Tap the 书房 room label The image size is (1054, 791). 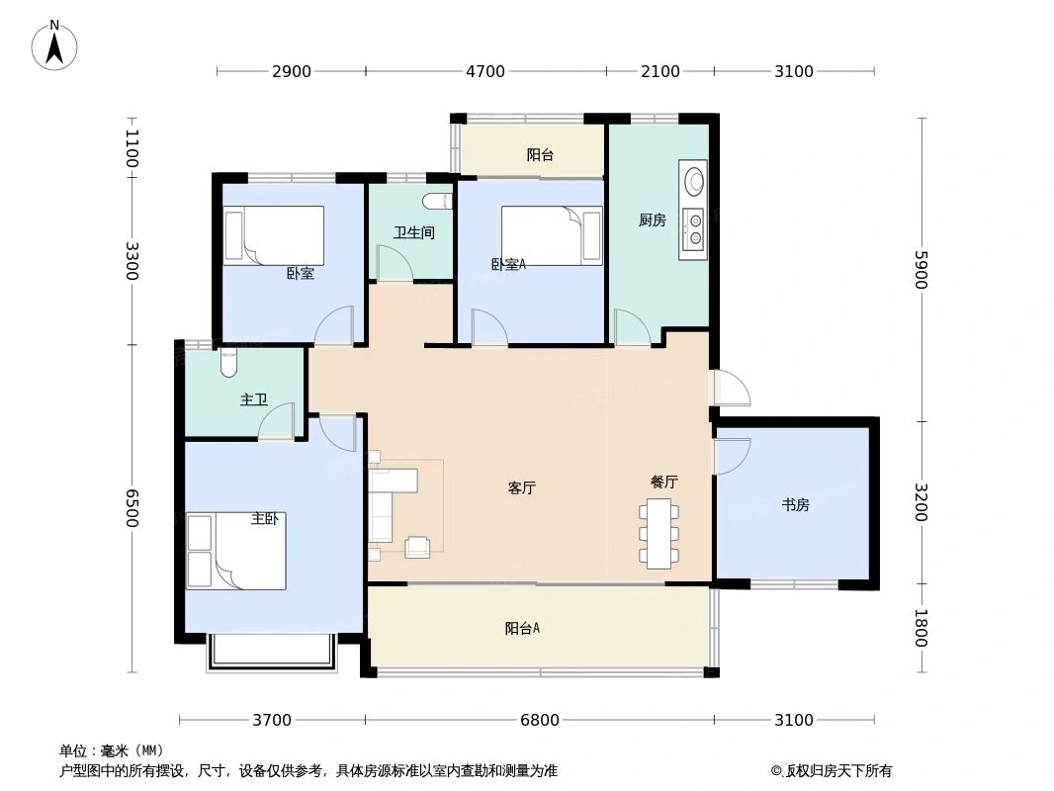click(796, 504)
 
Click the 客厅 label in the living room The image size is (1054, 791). click(522, 487)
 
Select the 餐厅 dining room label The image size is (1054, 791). click(664, 483)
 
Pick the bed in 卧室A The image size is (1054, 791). click(551, 235)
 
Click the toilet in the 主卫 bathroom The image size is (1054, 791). click(229, 362)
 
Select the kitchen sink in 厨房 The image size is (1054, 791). click(695, 181)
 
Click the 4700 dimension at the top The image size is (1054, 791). click(485, 71)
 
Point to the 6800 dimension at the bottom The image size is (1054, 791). click(540, 720)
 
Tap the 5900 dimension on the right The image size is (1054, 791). click(921, 269)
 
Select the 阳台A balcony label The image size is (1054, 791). click(522, 628)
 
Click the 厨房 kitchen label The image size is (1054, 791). click(652, 220)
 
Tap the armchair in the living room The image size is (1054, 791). click(417, 546)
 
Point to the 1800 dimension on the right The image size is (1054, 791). click(921, 628)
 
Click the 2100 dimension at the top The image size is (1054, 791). click(660, 71)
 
